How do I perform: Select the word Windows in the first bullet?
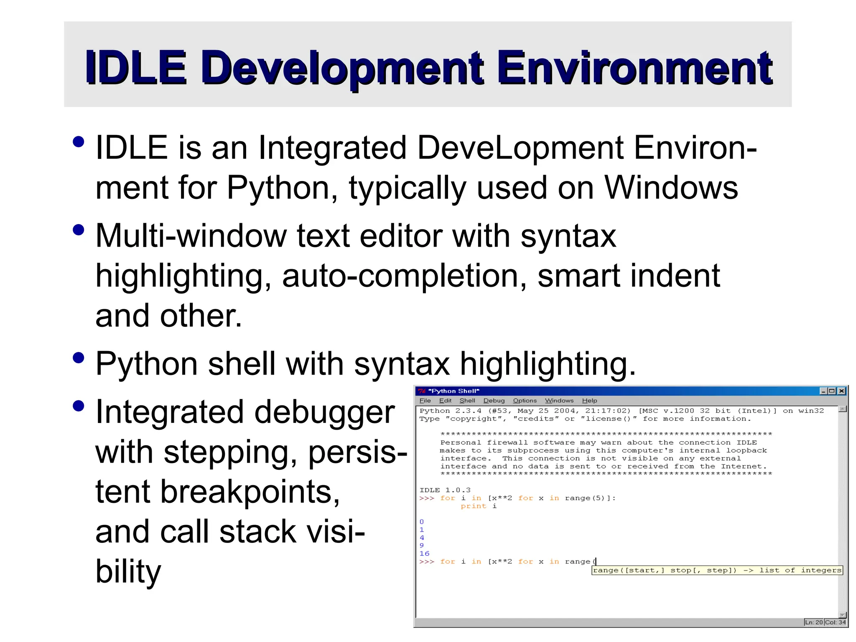[x=671, y=188]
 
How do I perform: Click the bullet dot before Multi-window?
[x=78, y=230]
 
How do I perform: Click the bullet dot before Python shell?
[x=78, y=358]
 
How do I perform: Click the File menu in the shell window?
[x=425, y=400]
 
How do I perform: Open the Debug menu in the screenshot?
[x=494, y=400]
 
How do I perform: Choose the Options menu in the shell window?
[x=525, y=400]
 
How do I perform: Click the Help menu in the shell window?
[x=589, y=400]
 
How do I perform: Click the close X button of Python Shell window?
[x=842, y=391]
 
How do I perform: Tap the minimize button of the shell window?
[x=823, y=391]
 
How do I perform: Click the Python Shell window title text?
[x=455, y=391]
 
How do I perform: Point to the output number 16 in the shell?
[x=424, y=553]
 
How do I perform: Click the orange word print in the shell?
[x=473, y=506]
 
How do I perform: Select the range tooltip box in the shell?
[x=717, y=570]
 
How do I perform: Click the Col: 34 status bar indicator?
[x=835, y=622]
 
